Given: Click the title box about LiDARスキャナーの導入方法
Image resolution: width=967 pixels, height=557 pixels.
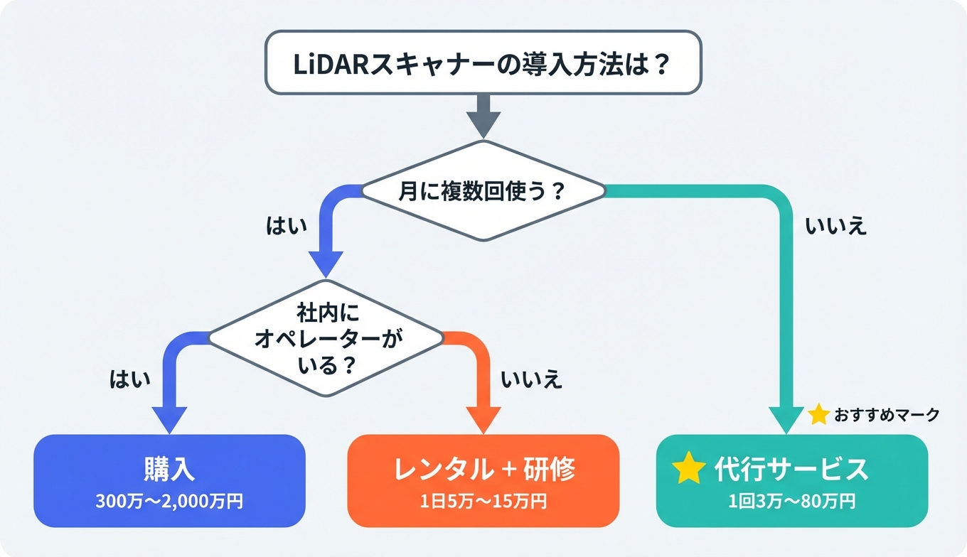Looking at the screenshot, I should [x=483, y=63].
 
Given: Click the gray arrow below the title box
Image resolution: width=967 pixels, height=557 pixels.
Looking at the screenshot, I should [x=483, y=116].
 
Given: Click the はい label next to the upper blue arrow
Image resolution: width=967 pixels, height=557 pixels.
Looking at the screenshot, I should [x=286, y=227].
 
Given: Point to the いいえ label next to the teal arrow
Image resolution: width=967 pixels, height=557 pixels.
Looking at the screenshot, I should [x=836, y=227].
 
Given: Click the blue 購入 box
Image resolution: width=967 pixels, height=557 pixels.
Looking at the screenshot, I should [x=169, y=480].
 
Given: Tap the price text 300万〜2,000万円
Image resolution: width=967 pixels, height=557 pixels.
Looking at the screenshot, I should [x=169, y=501].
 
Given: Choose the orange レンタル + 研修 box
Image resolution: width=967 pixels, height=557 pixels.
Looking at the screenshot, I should [x=483, y=480].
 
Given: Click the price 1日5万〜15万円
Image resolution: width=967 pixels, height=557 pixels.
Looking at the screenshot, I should [x=483, y=501].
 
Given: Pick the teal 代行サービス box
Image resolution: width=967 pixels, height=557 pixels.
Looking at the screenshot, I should [x=792, y=480].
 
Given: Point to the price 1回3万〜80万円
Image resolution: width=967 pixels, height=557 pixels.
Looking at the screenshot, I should [x=792, y=501].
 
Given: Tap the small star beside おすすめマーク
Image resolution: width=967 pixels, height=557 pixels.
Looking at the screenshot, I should [x=819, y=415].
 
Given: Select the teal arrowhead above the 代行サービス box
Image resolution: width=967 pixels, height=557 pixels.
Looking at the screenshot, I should [x=787, y=419].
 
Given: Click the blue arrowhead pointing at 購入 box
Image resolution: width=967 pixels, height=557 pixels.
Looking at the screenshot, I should [x=169, y=419].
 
